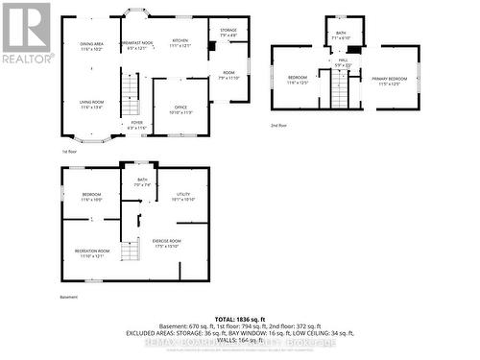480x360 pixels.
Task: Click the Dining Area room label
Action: click(x=92, y=45)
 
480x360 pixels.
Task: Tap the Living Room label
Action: click(x=92, y=106)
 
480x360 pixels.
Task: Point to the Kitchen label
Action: click(x=180, y=42)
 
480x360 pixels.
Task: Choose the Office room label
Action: click(x=180, y=109)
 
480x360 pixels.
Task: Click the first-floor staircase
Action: click(x=133, y=96)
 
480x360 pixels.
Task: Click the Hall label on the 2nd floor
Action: click(x=343, y=62)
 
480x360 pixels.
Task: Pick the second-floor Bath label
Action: click(x=341, y=34)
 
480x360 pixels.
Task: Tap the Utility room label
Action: click(x=182, y=197)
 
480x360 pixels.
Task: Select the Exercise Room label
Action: click(x=166, y=243)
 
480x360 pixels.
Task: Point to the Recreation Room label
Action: click(x=92, y=252)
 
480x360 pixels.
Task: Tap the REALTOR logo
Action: click(x=26, y=34)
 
